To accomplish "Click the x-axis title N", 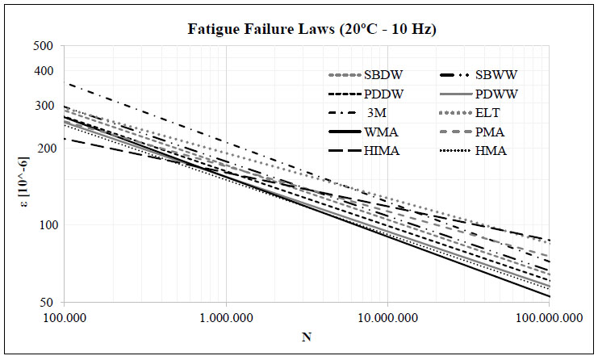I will [307, 336].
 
